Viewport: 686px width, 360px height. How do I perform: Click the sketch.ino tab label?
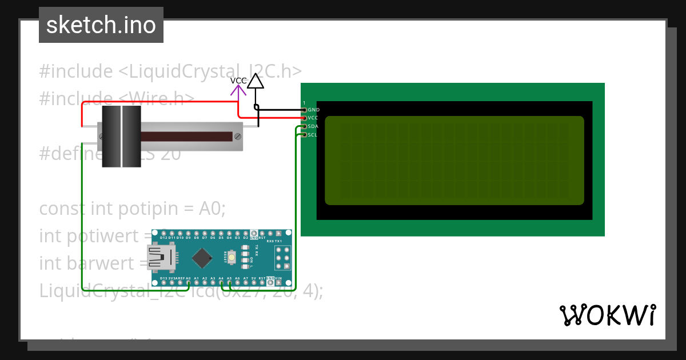101,25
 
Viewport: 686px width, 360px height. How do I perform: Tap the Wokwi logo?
607,315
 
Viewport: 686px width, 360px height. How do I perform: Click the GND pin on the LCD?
304,109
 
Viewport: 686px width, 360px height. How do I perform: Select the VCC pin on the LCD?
304,118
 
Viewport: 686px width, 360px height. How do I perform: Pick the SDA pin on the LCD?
304,126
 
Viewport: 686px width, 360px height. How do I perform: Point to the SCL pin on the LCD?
304,135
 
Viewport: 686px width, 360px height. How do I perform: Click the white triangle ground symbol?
256,81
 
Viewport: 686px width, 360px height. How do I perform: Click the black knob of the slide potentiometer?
121,137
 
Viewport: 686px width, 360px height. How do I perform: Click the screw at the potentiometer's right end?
237,136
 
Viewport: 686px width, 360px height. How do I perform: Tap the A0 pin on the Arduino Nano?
188,282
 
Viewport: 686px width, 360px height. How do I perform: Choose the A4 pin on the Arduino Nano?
221,282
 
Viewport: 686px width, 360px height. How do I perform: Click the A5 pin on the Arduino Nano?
229,282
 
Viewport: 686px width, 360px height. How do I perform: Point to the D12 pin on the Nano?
163,233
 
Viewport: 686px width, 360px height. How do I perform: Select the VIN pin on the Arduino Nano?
278,282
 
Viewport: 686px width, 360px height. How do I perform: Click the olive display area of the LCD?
454,160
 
